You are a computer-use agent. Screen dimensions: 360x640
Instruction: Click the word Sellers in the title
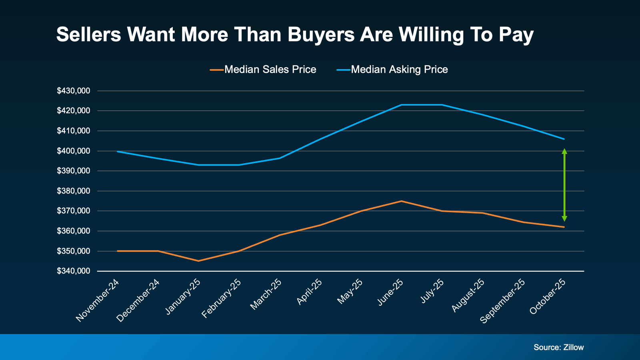tap(88, 35)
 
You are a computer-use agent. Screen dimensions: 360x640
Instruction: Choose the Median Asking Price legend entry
tap(399, 70)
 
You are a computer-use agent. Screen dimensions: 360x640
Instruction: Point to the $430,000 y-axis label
tap(73, 91)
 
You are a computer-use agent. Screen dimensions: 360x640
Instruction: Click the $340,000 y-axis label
tap(73, 271)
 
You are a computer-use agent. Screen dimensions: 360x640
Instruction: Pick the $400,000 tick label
tap(73, 151)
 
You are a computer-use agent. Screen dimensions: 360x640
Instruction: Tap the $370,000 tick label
tap(73, 211)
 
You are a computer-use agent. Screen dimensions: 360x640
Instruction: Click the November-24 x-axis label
tap(98, 301)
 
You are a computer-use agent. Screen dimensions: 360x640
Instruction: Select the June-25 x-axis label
tap(390, 292)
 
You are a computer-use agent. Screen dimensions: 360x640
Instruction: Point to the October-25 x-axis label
tap(548, 297)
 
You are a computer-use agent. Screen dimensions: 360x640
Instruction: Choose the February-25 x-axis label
tap(221, 299)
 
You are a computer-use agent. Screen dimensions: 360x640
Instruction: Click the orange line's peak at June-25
tap(402, 201)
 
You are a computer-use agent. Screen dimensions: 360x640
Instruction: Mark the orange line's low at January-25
tap(198, 261)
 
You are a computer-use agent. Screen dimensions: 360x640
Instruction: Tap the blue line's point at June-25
tap(402, 105)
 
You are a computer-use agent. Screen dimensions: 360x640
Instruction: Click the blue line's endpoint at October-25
tap(564, 139)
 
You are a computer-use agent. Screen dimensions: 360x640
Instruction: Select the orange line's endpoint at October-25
tap(564, 227)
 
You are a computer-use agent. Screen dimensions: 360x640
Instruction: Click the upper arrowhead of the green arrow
tap(564, 152)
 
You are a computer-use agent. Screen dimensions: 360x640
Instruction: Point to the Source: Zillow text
tap(558, 347)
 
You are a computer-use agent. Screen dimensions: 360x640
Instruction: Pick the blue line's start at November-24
tap(118, 152)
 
